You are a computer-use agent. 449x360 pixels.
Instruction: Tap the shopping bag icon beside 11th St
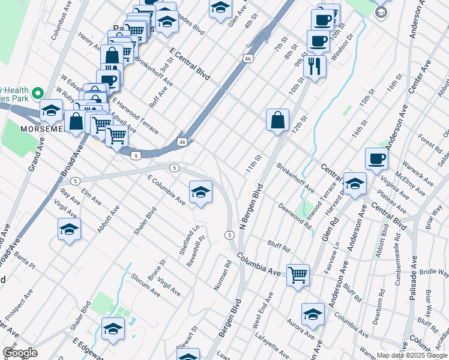point(278,119)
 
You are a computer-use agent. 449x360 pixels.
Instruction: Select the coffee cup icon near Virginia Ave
point(376,158)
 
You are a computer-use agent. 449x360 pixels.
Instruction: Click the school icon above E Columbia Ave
point(200,192)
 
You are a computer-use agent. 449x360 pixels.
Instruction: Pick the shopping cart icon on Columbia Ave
point(298,275)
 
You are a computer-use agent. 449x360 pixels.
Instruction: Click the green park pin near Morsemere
point(37,93)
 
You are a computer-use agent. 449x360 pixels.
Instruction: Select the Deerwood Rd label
point(295,215)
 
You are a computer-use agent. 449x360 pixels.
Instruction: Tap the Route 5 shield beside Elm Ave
point(75,181)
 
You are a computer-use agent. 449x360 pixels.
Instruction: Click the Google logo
point(20,353)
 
